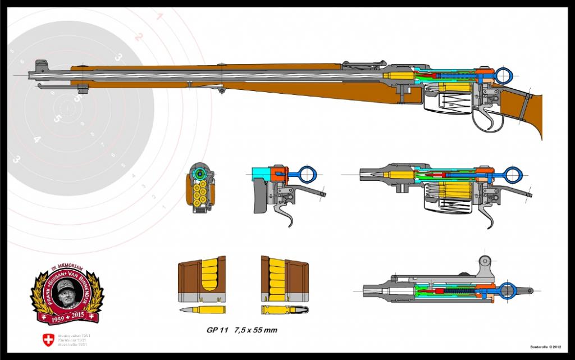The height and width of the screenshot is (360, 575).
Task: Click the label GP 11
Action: (x=216, y=331)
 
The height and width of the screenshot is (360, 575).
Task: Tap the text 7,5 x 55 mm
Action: (x=256, y=331)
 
